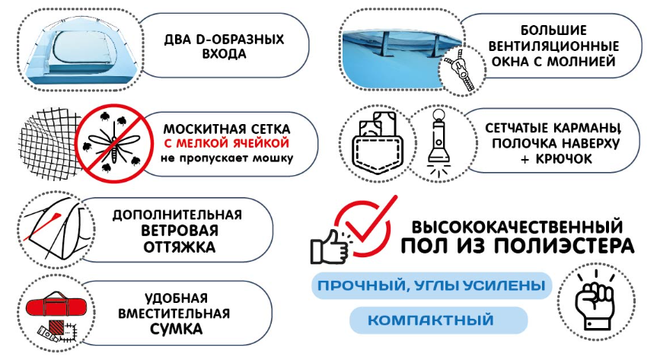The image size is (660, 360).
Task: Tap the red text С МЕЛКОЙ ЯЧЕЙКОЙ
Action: click(227, 142)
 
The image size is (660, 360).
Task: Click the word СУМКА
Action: click(176, 330)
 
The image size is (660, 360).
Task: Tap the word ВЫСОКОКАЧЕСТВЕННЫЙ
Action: click(518, 227)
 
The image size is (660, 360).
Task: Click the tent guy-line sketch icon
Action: click(49, 225)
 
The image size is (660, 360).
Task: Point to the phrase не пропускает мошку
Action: click(227, 159)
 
